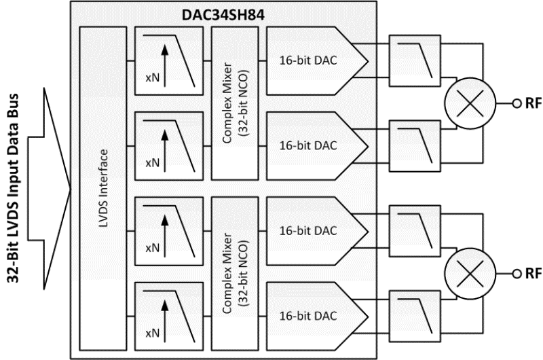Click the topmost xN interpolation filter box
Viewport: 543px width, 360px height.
click(168, 60)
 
